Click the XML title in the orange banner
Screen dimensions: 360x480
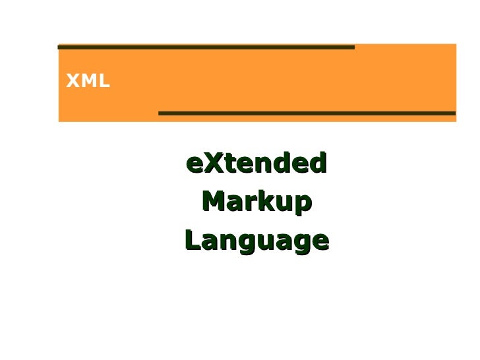pos(88,82)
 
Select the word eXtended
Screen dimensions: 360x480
pos(256,162)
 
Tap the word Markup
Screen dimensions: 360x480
pos(256,202)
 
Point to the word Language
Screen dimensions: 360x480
pos(256,241)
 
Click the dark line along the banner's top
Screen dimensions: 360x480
pos(206,47)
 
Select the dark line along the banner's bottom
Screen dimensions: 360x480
pos(307,113)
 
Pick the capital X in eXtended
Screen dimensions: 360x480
pos(210,162)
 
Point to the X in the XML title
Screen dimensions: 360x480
pos(71,82)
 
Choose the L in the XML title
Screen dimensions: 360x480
pos(104,82)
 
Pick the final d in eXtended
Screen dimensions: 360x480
pos(319,162)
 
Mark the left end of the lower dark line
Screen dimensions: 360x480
pos(161,113)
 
